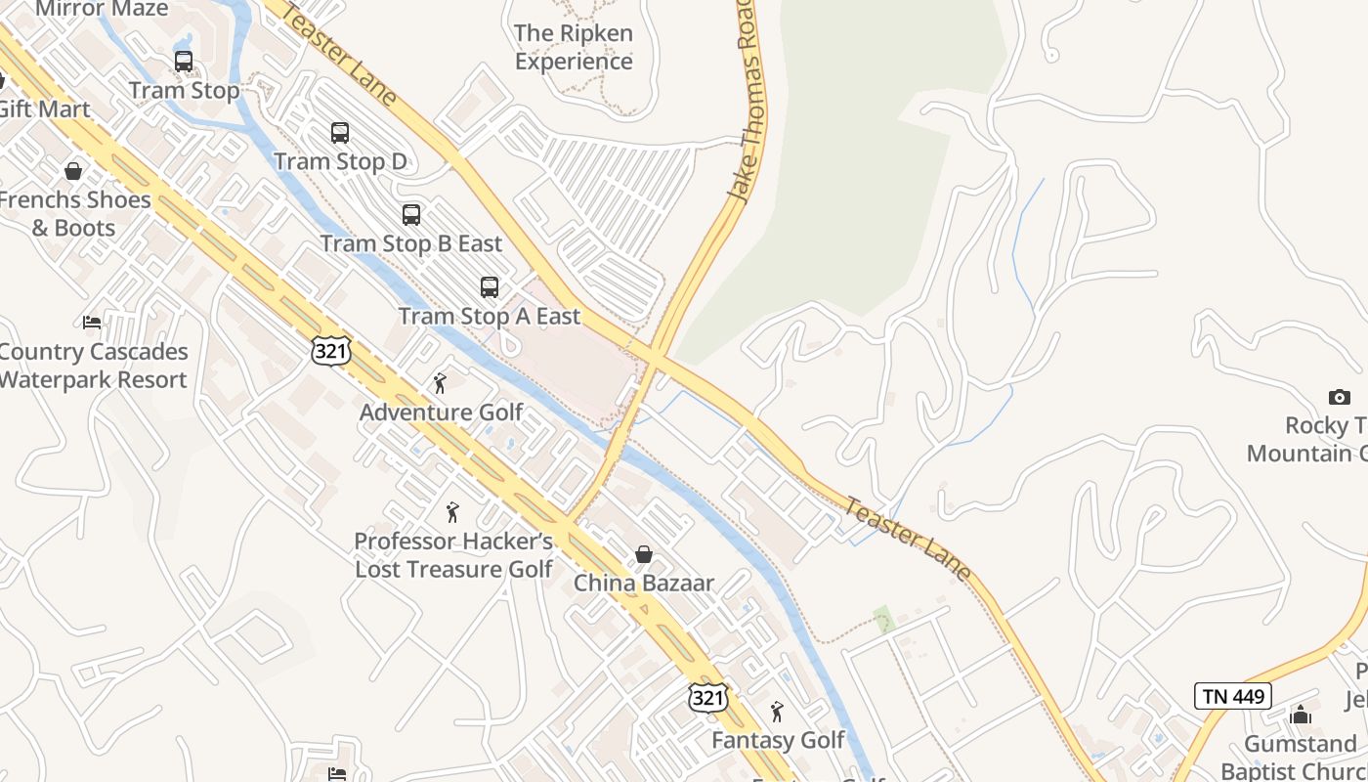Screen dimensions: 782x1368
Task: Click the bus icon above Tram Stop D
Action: pyautogui.click(x=339, y=133)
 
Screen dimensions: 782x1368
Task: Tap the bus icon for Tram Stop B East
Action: pyautogui.click(x=411, y=215)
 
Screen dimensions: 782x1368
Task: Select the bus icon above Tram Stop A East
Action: pyautogui.click(x=490, y=287)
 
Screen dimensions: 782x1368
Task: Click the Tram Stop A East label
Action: pyautogui.click(x=490, y=317)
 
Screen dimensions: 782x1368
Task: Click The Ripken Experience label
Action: pyautogui.click(x=574, y=47)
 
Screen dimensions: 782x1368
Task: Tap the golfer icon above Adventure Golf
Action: pyautogui.click(x=440, y=383)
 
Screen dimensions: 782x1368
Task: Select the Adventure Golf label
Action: pyautogui.click(x=442, y=413)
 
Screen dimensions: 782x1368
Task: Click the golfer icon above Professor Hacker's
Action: pyautogui.click(x=452, y=511)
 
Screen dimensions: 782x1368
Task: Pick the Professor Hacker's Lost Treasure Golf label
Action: pyautogui.click(x=454, y=555)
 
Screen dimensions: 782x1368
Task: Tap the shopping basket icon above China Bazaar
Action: pyautogui.click(x=644, y=554)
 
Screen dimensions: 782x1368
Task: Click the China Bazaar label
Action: pyautogui.click(x=644, y=584)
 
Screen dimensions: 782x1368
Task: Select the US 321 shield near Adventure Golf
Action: pyautogui.click(x=331, y=352)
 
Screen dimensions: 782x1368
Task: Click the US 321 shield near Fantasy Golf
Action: pyautogui.click(x=706, y=697)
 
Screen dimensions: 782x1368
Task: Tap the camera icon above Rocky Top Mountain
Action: pyautogui.click(x=1339, y=397)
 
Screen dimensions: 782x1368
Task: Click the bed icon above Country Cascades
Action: pyautogui.click(x=92, y=322)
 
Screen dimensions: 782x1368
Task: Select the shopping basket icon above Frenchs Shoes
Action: pyautogui.click(x=73, y=172)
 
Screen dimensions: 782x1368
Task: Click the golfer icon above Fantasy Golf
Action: pyautogui.click(x=777, y=711)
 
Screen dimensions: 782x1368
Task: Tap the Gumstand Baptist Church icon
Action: pyautogui.click(x=1301, y=716)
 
